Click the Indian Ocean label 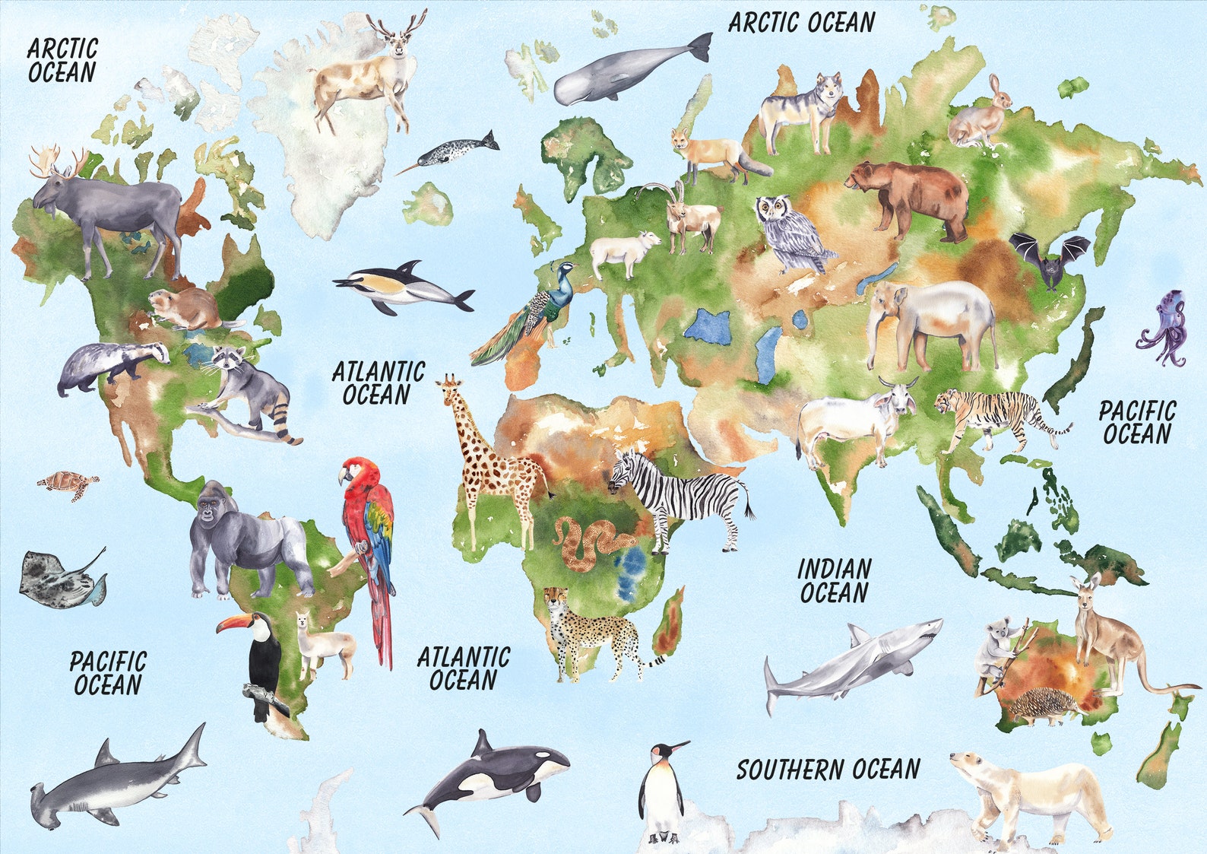click(x=834, y=581)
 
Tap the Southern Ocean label click(x=828, y=770)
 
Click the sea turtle click(x=67, y=483)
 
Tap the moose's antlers click(x=58, y=160)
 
